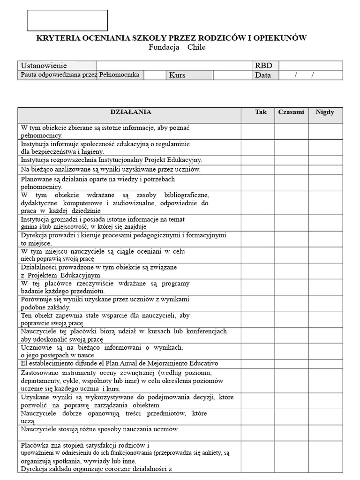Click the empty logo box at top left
[67, 21]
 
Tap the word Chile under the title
[196, 47]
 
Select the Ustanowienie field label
[44, 66]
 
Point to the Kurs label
[177, 75]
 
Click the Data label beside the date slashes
[263, 75]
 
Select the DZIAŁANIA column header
[130, 112]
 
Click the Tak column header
[261, 112]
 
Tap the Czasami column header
[291, 112]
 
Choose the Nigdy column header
[325, 112]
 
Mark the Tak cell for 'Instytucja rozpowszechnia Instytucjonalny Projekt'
[258, 160]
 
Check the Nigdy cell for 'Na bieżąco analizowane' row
[325, 170]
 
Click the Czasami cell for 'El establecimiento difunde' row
[291, 364]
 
